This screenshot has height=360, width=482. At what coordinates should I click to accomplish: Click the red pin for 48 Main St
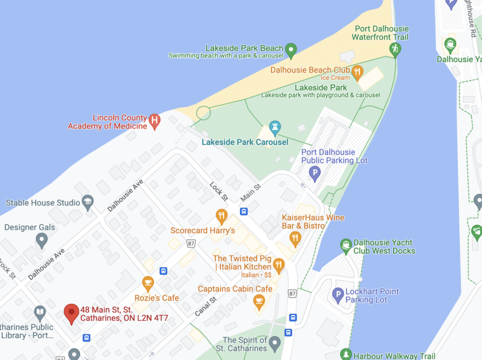(x=71, y=313)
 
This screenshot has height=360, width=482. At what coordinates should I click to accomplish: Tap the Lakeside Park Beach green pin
(x=291, y=51)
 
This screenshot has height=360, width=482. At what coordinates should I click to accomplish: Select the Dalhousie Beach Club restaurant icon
(x=357, y=71)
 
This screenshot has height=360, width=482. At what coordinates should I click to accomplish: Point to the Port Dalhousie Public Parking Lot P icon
(x=315, y=174)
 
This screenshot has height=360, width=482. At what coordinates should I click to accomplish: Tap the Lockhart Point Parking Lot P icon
(x=338, y=295)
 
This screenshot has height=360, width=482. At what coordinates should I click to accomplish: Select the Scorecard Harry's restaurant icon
(x=222, y=216)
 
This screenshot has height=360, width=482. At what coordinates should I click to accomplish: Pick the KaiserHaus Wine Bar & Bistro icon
(x=295, y=238)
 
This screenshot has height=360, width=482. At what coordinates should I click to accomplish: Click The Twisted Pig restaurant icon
(x=279, y=265)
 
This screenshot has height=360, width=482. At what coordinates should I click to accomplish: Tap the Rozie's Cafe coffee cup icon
(x=148, y=284)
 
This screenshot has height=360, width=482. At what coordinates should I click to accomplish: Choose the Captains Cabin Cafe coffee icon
(x=259, y=301)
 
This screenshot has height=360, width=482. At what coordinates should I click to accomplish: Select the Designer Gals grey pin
(x=42, y=240)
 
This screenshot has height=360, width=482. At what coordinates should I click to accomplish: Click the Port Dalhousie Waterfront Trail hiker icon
(x=395, y=49)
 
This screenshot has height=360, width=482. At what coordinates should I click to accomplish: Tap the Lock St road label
(x=219, y=191)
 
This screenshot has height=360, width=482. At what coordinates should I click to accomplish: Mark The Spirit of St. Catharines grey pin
(x=275, y=344)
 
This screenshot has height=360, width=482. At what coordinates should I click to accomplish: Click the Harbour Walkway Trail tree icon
(x=346, y=354)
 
